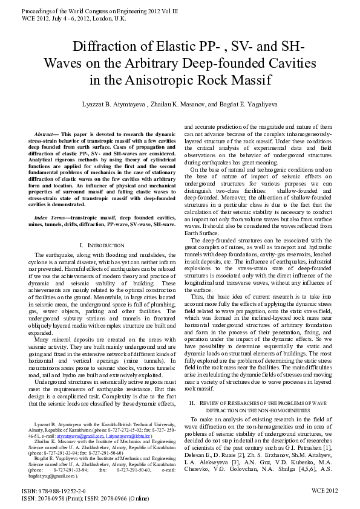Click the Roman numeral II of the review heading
(192, 402)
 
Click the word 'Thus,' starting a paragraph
(197, 297)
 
